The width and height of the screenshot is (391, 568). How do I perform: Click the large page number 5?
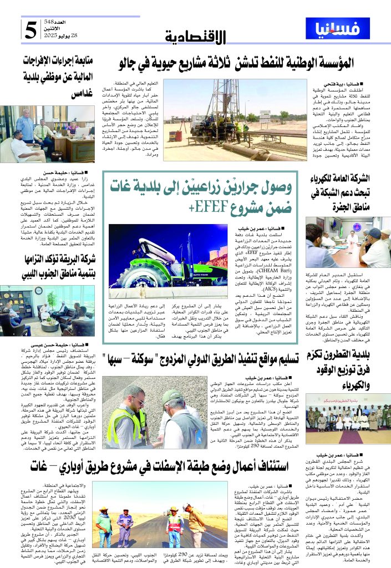[30, 31]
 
